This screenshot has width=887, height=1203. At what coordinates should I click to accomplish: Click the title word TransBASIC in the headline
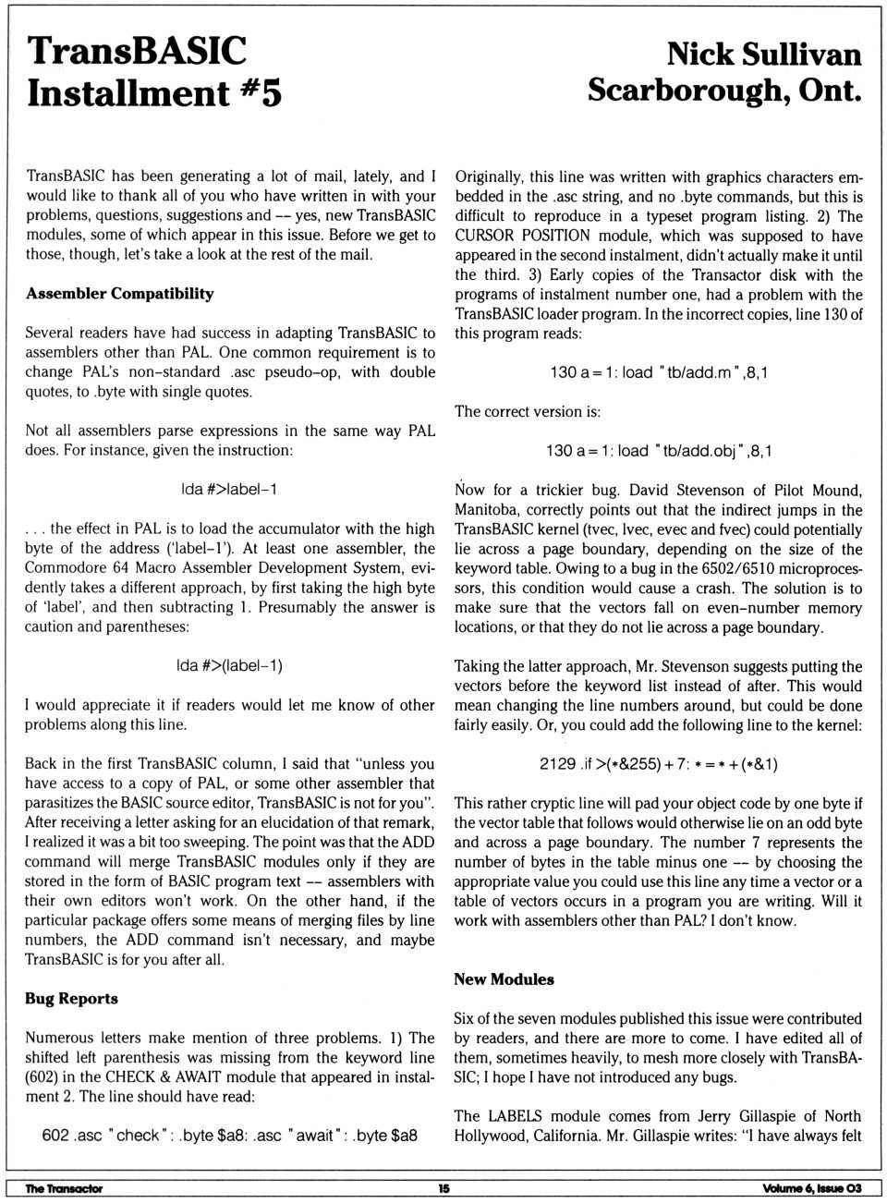[137, 51]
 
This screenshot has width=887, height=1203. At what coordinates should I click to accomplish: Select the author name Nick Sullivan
[763, 54]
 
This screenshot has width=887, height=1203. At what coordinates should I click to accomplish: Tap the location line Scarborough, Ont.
[724, 91]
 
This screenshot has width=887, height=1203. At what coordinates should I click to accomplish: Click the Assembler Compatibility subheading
[119, 294]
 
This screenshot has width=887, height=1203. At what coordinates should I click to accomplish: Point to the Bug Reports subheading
[71, 999]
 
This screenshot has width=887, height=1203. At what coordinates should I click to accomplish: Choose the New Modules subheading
[504, 979]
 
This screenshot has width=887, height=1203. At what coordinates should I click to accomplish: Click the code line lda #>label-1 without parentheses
[229, 490]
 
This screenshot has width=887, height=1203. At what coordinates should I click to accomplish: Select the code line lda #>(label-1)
[229, 665]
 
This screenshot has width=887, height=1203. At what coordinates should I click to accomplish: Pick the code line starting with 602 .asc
[229, 1136]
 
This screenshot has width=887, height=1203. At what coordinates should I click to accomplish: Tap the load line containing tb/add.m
[658, 372]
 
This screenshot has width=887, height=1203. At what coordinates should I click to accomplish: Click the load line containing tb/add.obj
[658, 451]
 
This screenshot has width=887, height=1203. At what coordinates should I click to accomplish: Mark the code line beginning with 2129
[658, 764]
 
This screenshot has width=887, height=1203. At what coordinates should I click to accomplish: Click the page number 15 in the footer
[443, 1189]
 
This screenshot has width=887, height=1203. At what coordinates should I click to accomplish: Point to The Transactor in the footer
[64, 1189]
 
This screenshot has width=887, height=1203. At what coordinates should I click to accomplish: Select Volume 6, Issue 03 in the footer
[812, 1189]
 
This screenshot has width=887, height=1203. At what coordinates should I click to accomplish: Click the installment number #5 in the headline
[259, 93]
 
